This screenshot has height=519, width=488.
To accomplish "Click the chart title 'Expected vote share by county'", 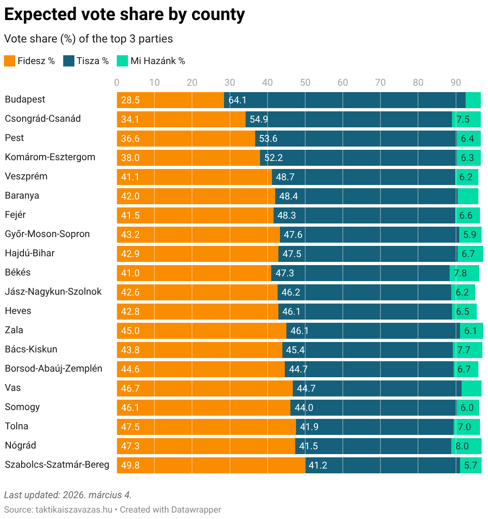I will tap(124, 15).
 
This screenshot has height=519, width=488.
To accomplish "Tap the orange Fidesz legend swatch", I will tap(10, 61).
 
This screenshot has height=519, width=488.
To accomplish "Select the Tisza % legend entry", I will tap(86, 61).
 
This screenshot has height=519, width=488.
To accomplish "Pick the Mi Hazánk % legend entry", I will tap(151, 61).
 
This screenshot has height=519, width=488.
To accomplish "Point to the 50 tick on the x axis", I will tap(305, 82).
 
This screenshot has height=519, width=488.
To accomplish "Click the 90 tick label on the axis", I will tap(456, 82).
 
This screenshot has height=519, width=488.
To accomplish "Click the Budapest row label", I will tap(25, 99).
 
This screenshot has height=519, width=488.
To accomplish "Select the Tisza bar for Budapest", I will tap(344, 100).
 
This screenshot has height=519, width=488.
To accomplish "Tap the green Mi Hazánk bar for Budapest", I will tap(473, 100).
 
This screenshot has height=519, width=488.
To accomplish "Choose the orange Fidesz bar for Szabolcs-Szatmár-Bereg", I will tap(211, 465).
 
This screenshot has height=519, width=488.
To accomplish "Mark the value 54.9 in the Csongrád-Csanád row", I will tap(259, 119).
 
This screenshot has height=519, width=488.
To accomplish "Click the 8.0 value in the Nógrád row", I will tap(462, 446).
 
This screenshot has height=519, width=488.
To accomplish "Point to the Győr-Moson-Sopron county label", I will tap(47, 234).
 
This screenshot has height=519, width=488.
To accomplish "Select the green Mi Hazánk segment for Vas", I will tap(472, 388).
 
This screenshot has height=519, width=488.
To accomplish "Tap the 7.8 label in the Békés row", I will tap(460, 273).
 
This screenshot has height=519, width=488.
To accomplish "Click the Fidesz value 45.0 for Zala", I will tap(130, 331).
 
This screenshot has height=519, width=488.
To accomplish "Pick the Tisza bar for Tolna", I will tap(375, 427).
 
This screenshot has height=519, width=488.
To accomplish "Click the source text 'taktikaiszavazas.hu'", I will tap(74, 510).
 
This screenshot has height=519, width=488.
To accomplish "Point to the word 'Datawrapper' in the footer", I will tap(196, 510).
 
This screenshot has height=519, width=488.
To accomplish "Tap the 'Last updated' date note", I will tap(68, 495).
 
